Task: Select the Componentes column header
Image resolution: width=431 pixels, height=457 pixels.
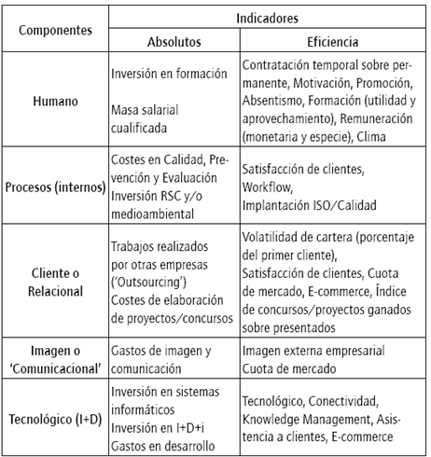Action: [55, 29]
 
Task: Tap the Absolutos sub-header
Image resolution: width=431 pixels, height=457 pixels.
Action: [174, 42]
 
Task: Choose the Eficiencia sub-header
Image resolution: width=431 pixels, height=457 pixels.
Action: [332, 42]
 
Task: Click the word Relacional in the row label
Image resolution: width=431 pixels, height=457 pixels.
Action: [55, 291]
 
